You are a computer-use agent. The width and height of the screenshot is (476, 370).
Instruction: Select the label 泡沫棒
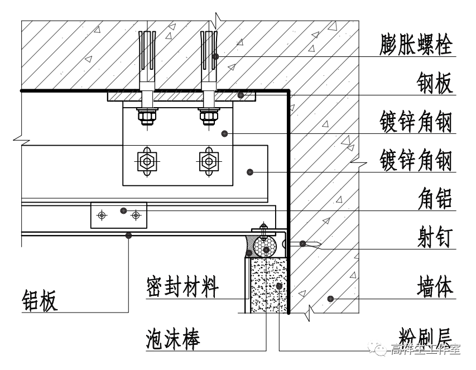[x=173, y=338]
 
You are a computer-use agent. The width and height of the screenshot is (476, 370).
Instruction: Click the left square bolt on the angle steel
[x=147, y=161]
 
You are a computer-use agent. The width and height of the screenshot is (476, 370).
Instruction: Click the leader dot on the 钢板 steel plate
[x=241, y=95]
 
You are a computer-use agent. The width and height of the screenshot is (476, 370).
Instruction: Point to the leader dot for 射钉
[x=302, y=243]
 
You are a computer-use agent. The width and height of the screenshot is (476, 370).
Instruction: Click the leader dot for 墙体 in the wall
[x=329, y=299]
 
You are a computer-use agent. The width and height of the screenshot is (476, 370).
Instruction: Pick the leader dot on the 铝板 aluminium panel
[x=129, y=236]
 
